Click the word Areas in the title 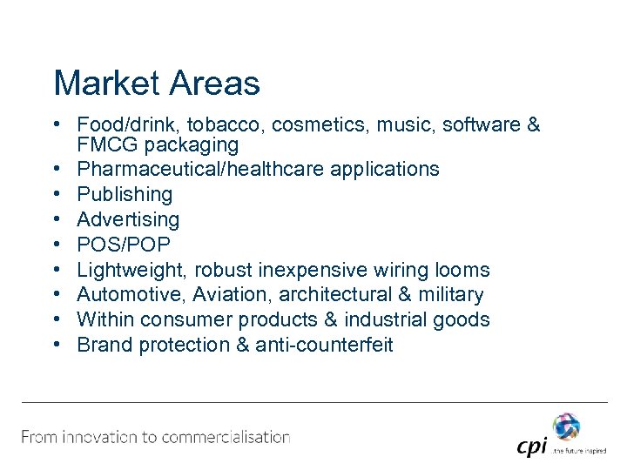(x=213, y=84)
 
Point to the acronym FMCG (x=104, y=144)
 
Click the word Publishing (x=125, y=194)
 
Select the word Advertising (x=128, y=219)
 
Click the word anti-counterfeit (x=326, y=345)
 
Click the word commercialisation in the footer (x=219, y=437)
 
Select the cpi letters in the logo (x=531, y=446)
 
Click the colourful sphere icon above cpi (x=565, y=426)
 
